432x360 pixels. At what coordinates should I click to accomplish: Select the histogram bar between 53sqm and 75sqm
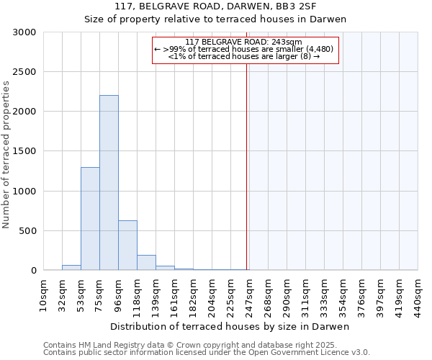point(90,219)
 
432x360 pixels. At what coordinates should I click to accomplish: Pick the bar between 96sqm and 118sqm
point(127,246)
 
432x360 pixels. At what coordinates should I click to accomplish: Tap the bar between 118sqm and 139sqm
point(146,263)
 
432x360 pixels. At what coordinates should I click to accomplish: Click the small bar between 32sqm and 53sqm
point(71,268)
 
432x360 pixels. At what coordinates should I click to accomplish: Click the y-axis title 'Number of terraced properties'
point(6,154)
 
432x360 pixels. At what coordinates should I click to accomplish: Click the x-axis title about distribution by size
point(230,327)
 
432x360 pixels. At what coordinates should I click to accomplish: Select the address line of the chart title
point(230,6)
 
